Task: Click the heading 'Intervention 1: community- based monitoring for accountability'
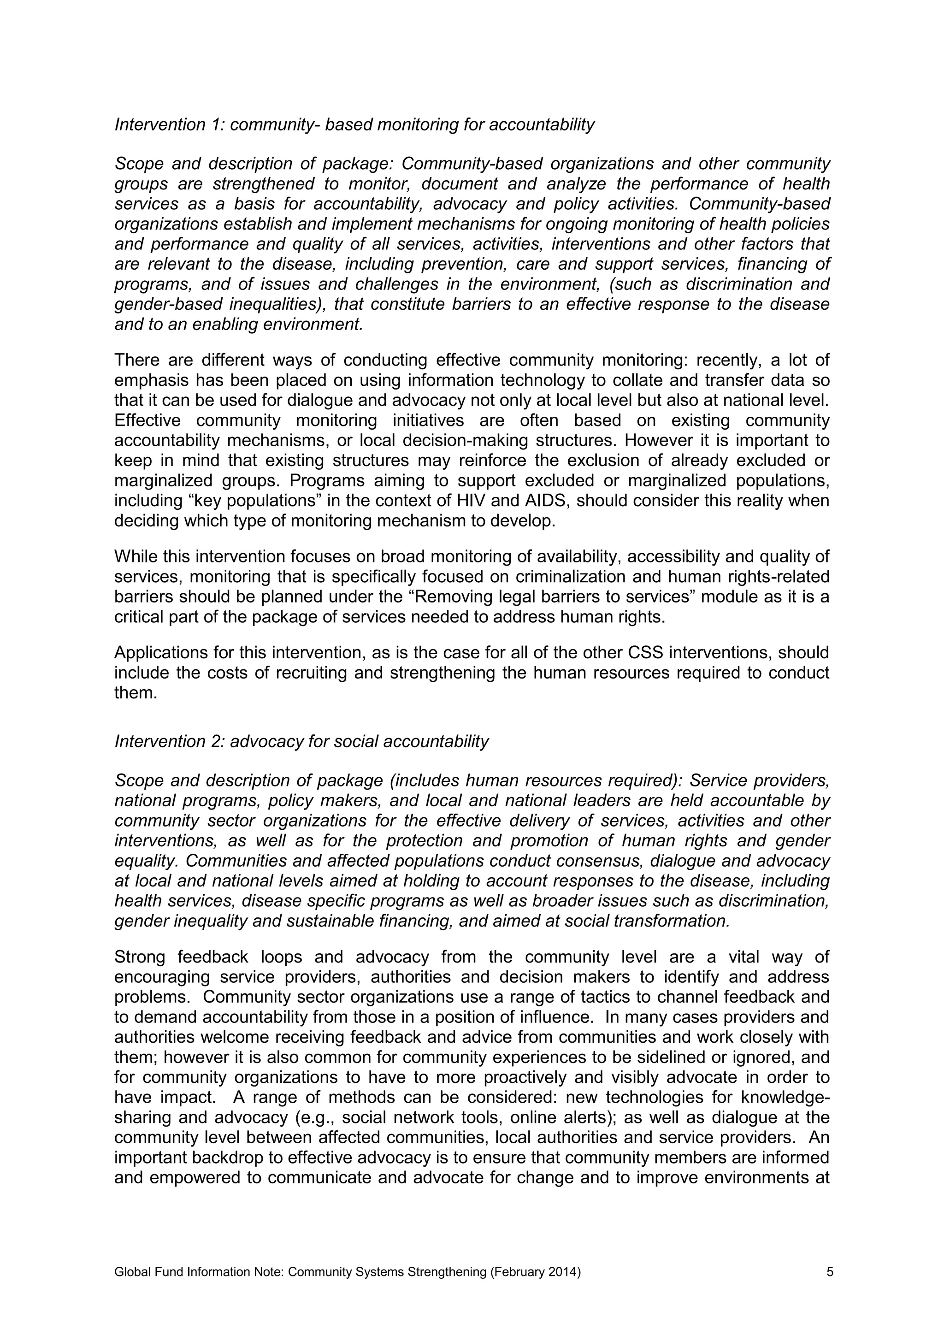(x=354, y=124)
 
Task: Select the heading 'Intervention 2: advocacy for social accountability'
(x=302, y=741)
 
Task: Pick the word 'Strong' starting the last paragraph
(x=140, y=957)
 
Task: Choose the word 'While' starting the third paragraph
(x=136, y=556)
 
